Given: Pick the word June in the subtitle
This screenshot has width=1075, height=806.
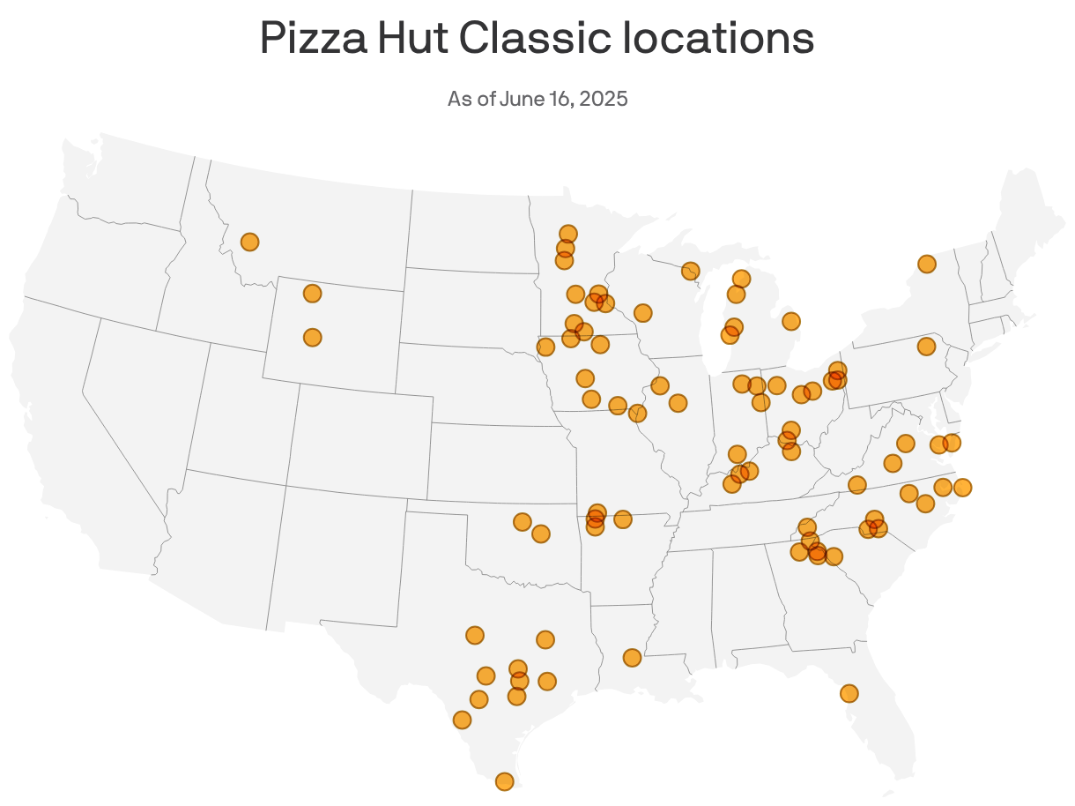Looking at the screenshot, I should click(x=520, y=98).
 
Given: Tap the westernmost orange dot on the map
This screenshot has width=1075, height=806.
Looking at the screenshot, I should click(x=249, y=242).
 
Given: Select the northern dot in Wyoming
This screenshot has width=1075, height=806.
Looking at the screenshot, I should click(x=312, y=293).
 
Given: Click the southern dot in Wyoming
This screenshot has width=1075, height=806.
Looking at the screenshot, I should click(x=312, y=337).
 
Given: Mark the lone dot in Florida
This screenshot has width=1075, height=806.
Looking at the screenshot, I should click(x=849, y=693).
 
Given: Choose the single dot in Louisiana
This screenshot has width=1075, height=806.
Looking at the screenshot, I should click(x=632, y=657).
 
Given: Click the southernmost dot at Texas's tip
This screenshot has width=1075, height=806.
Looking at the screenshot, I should click(x=504, y=781).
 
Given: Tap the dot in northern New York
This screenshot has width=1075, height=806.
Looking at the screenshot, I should click(x=926, y=264).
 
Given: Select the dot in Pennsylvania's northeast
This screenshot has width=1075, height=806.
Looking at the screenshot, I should click(x=926, y=346).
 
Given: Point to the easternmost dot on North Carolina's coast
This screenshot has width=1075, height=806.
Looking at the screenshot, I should click(x=962, y=487).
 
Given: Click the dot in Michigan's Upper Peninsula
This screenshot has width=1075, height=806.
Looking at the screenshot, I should click(x=691, y=271).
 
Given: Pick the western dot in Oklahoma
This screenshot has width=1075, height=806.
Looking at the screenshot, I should click(x=522, y=522).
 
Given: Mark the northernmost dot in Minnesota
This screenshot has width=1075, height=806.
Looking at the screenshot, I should click(x=568, y=234).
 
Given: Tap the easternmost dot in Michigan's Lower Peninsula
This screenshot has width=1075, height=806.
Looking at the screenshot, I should click(x=791, y=321).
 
